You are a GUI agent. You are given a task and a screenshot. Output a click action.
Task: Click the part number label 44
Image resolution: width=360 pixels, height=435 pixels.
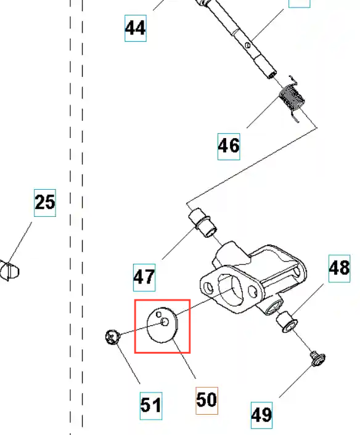coord(136,28)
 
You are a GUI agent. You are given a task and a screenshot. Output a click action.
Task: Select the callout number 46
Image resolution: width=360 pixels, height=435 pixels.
coord(229,146)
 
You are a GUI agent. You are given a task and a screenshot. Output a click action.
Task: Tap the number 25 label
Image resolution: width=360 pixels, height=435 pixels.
coord(45,203)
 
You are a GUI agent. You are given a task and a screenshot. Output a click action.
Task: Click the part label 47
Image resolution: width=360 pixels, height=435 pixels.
coord(144,277)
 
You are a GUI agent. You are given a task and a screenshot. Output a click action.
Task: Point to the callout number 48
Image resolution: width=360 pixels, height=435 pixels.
coord(339,268)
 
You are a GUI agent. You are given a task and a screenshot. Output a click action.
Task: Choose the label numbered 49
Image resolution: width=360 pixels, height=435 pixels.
coord(261,415)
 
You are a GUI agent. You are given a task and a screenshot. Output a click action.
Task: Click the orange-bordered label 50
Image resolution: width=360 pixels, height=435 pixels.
coord(207,400)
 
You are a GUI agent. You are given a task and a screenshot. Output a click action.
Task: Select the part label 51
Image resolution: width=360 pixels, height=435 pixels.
coord(151,405)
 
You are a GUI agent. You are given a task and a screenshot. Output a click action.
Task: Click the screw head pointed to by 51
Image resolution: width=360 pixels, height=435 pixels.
coord(112,338)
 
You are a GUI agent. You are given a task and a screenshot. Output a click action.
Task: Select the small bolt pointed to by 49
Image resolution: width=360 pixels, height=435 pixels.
coord(318,359)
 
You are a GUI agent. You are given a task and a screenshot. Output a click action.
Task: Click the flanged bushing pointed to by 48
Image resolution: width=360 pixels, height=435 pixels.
coord(287,322)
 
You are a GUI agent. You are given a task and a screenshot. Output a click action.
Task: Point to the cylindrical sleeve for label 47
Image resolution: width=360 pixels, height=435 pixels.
coord(203,223)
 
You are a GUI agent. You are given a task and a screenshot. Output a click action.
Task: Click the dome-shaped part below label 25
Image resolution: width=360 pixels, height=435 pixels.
coord(9,270)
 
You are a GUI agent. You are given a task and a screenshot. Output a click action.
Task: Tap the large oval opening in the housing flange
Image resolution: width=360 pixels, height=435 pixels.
coord(230,290)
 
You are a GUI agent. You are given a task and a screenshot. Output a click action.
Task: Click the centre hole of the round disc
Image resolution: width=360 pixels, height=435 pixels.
coord(165,322)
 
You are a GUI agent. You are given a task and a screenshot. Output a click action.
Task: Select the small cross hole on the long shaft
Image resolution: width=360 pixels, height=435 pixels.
coord(248,44)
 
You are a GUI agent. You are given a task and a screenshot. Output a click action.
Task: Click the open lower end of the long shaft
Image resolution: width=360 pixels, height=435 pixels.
coord(272,75)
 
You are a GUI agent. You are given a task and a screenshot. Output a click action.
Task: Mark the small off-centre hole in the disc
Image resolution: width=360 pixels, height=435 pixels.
coord(158,314)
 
